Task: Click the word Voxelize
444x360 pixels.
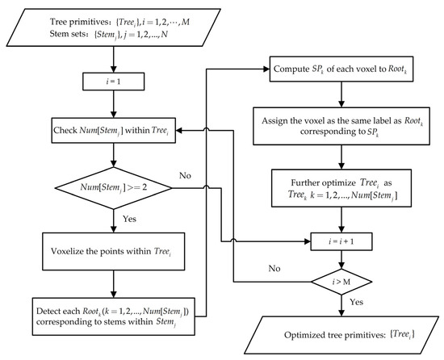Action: pos(71,250)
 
